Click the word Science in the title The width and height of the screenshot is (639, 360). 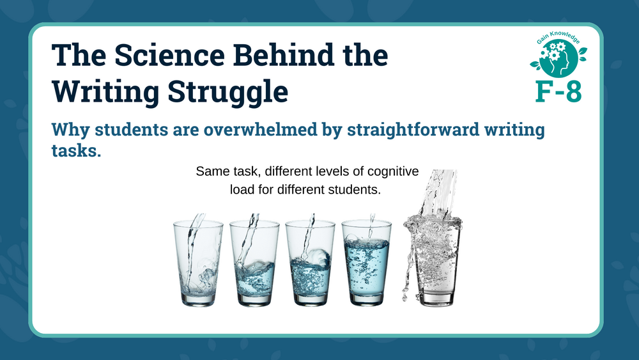point(169,55)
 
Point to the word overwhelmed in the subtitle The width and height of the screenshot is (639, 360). point(261,129)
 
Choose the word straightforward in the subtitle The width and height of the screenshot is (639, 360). point(413,130)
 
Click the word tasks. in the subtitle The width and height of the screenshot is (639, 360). point(76,150)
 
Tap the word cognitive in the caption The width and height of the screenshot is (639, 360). point(393,171)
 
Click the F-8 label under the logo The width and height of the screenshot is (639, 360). point(558,91)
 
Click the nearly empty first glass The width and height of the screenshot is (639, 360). point(198,263)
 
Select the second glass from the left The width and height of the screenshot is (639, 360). point(254,263)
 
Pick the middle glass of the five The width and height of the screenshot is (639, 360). point(310,263)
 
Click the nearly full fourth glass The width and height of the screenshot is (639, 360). point(366,263)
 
